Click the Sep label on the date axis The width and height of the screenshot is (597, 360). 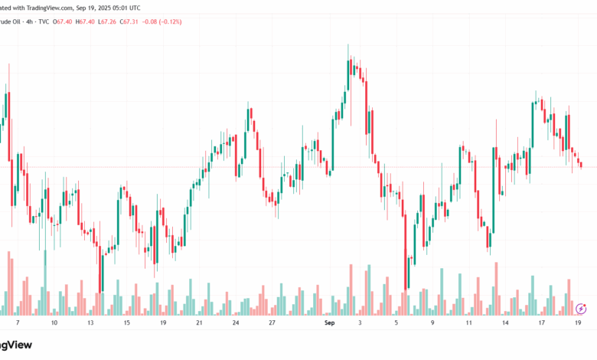coord(330,324)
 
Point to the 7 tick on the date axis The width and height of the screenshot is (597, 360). coord(17,324)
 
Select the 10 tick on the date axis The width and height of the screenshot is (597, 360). coord(54,324)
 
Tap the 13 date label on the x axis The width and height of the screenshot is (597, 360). coord(90,324)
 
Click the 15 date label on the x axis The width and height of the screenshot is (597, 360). coord(126,324)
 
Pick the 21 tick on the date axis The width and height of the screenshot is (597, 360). coord(199,324)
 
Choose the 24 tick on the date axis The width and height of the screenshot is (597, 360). coord(236,324)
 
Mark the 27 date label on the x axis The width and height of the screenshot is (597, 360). coord(272,324)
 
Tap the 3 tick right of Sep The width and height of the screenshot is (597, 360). coord(360,324)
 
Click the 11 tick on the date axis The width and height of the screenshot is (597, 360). coord(468,324)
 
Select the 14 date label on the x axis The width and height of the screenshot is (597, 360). coord(505,324)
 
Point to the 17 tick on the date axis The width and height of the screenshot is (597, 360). coord(541,324)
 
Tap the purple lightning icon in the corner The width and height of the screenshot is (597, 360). coord(580,309)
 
